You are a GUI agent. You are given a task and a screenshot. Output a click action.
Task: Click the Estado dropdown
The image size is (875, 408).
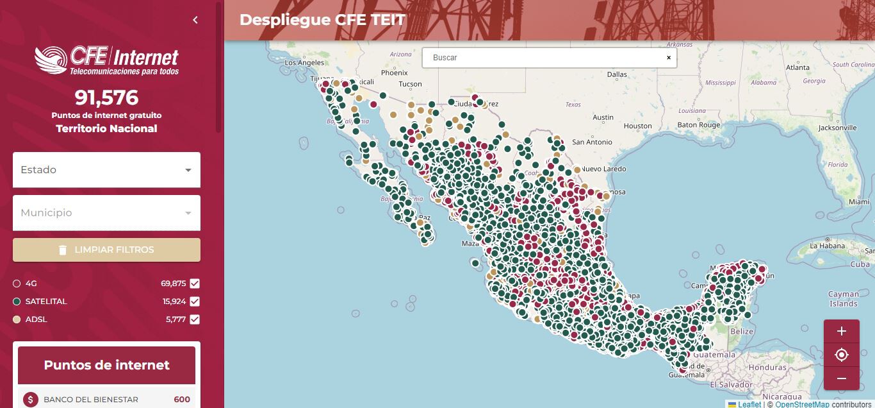coord(106,170)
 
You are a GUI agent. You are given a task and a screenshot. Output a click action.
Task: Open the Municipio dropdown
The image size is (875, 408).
coord(106,213)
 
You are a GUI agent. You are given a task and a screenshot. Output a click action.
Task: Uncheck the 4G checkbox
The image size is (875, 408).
coord(195,284)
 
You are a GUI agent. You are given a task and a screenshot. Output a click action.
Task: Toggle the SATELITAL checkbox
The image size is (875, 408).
coord(195,302)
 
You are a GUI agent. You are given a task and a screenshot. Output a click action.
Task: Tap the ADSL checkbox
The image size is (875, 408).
coord(195,319)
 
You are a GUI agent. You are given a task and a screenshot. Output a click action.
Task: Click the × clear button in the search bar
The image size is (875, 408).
coord(669,58)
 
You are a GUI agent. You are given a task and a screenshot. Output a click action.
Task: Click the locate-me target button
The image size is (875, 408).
coord(842,355)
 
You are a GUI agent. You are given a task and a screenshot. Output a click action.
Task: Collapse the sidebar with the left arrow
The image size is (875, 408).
coord(195,20)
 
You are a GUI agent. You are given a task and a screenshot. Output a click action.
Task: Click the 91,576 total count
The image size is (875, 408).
coord(106,98)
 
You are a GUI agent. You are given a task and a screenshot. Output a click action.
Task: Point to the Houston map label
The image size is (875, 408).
coord(637,126)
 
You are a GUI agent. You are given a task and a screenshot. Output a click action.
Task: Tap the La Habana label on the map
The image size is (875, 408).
coord(828,246)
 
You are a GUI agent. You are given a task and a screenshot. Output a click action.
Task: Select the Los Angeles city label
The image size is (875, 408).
coord(304,63)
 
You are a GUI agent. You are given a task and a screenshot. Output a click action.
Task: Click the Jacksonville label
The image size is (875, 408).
coord(837,128)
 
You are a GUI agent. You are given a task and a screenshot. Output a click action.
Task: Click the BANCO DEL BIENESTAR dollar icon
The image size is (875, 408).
coord(30,400)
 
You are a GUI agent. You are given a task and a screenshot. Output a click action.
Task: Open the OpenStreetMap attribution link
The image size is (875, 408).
coord(802,404)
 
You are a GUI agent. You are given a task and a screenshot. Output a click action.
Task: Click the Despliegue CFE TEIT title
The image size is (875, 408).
coord(322,20)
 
